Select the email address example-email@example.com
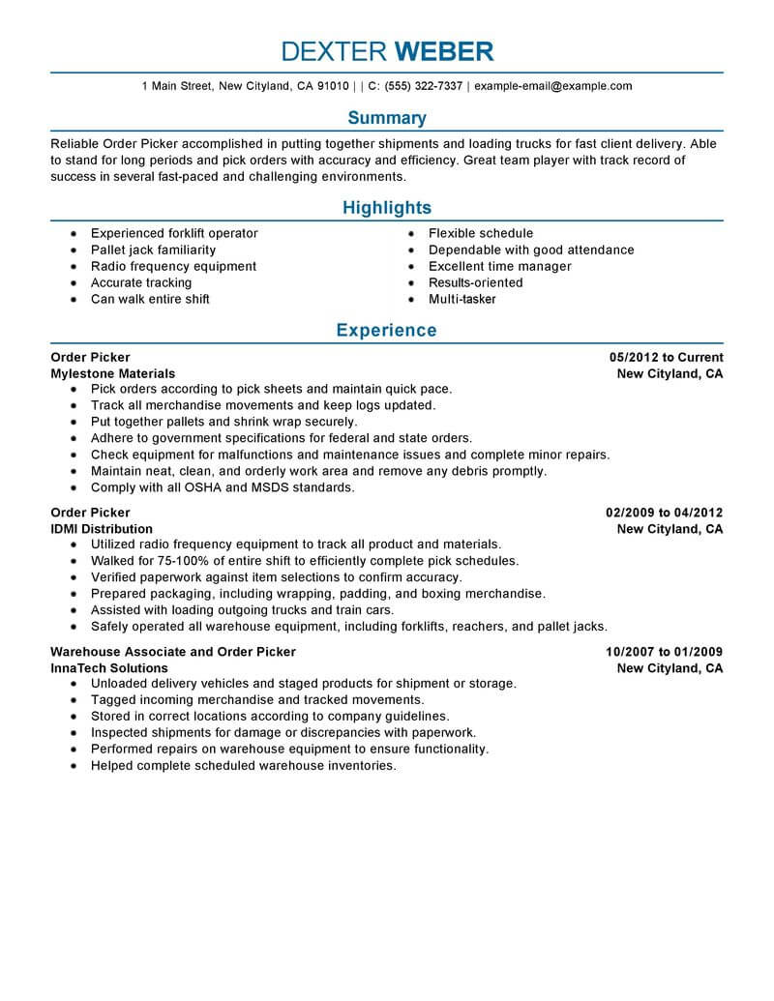coord(552,86)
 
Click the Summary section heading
coord(387,118)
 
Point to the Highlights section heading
coord(387,207)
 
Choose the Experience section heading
coord(387,331)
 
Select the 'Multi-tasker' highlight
coord(461,299)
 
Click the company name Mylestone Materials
coord(112,373)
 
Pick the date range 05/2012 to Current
coord(667,357)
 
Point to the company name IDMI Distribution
coord(102,529)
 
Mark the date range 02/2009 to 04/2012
coord(665,513)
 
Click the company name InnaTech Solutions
coord(108,668)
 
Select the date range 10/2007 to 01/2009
coord(665,652)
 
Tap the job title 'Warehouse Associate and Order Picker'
coord(173,652)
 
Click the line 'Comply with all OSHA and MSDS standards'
coord(223,487)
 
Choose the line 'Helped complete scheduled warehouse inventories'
coord(243,765)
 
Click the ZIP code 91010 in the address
coord(332,86)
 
